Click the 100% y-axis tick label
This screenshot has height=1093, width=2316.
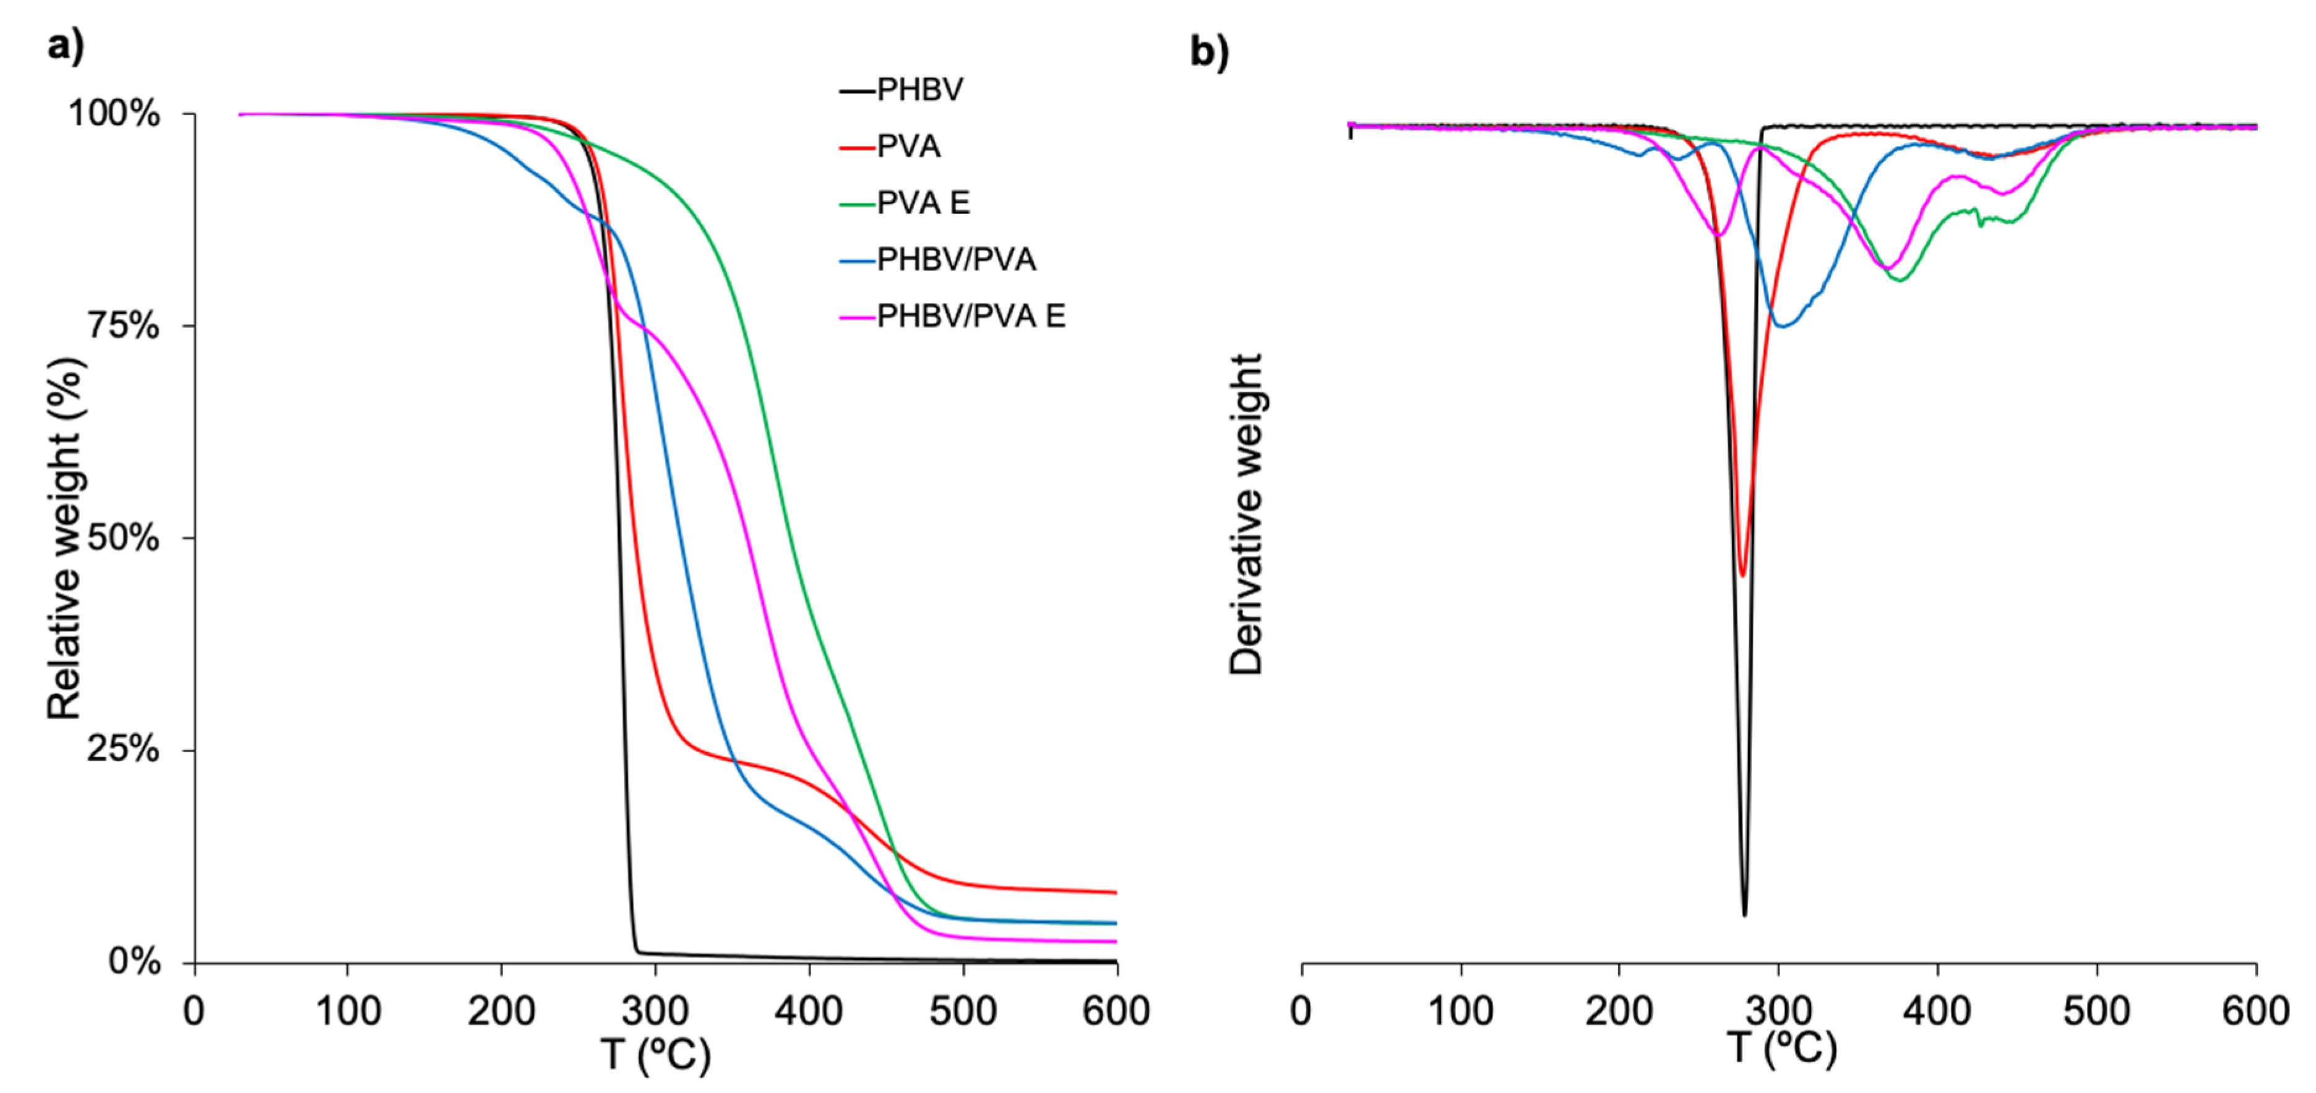click(x=114, y=114)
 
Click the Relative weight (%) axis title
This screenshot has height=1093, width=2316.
click(x=65, y=538)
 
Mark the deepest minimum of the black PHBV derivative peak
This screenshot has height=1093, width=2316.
click(x=1744, y=914)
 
